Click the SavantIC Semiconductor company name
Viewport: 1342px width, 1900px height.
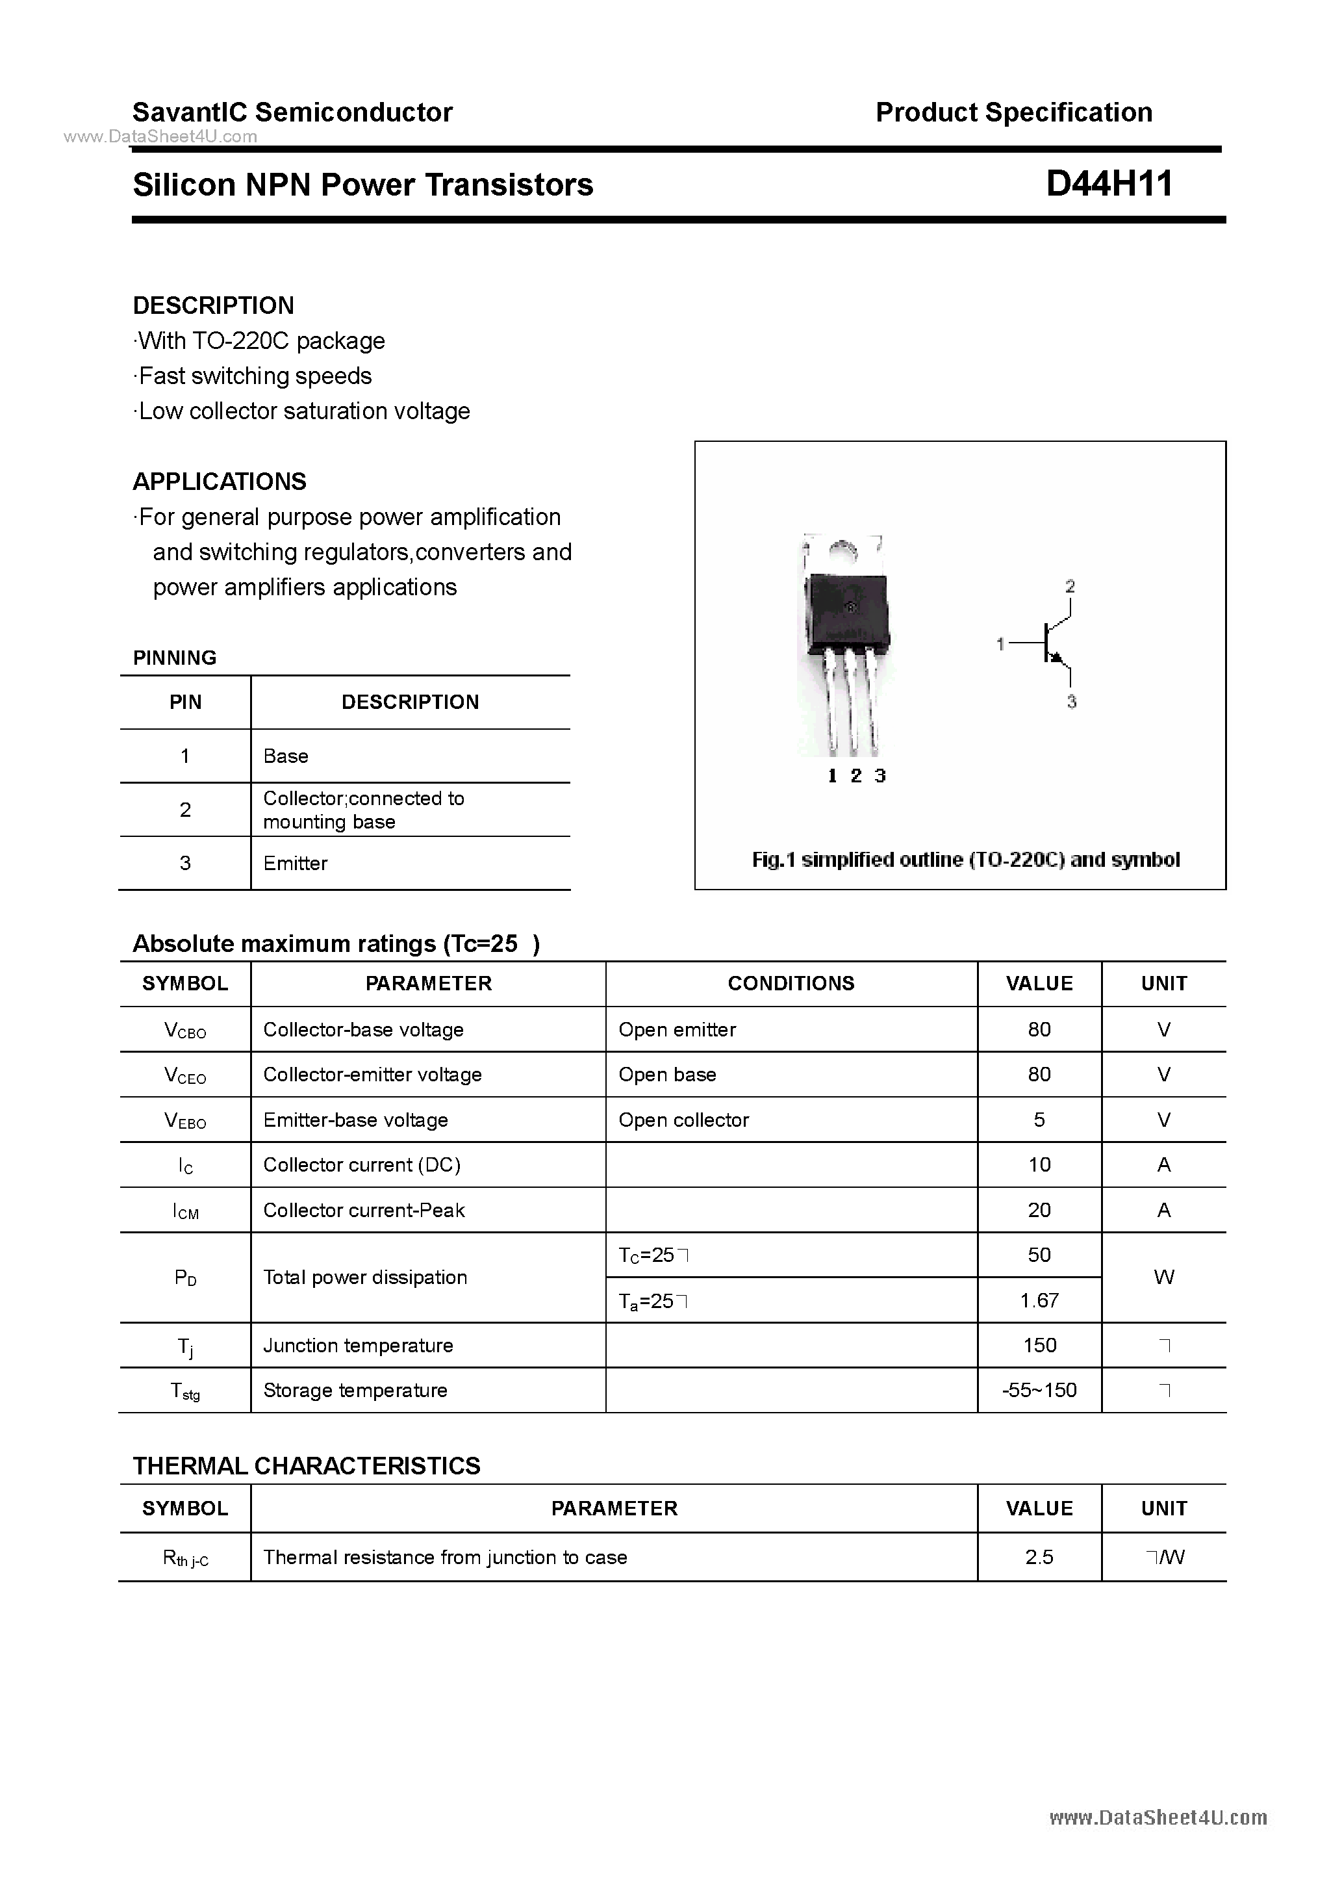tap(292, 112)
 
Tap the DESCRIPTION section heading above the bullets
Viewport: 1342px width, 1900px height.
tap(214, 305)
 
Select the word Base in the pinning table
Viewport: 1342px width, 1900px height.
tap(285, 756)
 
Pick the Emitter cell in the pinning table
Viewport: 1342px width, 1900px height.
tap(296, 863)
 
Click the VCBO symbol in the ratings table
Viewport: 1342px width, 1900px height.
tap(185, 1031)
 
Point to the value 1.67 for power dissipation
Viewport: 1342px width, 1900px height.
tap(1039, 1300)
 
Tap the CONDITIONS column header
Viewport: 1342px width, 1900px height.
tap(791, 983)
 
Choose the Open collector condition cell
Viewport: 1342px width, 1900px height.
tap(683, 1120)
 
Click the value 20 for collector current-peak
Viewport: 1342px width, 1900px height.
tap(1039, 1210)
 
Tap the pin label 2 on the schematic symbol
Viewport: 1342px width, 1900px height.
tap(1070, 587)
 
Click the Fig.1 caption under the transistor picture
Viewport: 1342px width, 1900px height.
tap(965, 860)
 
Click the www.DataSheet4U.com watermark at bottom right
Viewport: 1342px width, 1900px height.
tap(1158, 1817)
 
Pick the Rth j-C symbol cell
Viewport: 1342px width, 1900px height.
tap(185, 1558)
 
